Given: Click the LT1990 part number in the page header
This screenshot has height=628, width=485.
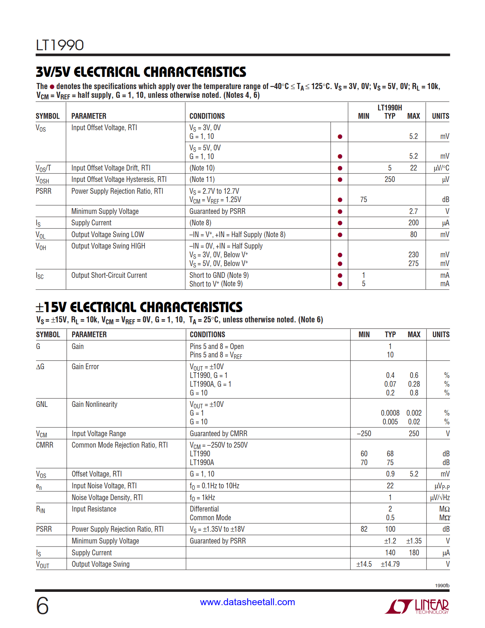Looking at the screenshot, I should tap(60, 45).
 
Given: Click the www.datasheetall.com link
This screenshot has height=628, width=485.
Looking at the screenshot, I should tap(247, 602).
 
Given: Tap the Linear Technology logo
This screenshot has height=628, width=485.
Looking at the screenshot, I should tap(417, 606).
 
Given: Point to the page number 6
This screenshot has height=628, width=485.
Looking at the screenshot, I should tap(42, 606).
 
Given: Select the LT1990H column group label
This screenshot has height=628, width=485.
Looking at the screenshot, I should tap(390, 108).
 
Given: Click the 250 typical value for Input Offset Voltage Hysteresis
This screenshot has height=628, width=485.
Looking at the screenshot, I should tap(390, 179).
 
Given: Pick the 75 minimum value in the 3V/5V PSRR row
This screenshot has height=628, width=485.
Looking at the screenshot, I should tap(364, 199).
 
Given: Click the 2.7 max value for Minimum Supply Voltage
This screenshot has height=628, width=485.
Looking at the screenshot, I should tap(413, 211).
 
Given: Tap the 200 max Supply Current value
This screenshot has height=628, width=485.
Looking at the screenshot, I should tap(413, 223).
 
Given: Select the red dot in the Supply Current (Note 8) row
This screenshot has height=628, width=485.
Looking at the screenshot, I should tap(340, 223).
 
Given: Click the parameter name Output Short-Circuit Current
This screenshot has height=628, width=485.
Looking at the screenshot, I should tap(109, 275).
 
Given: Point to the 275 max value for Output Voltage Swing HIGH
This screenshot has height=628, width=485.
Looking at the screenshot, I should tap(413, 263).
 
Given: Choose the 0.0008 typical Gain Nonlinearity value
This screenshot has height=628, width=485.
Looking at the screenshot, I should tap(390, 413).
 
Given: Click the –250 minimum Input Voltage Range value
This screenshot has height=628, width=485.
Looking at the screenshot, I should tap(364, 434).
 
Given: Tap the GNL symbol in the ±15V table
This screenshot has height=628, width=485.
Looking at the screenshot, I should tap(42, 404).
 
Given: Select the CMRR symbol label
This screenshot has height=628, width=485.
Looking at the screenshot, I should tap(45, 445).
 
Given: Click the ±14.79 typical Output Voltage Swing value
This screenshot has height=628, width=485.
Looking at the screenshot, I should tap(390, 564).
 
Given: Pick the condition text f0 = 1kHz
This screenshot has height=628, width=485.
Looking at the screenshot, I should tap(202, 497).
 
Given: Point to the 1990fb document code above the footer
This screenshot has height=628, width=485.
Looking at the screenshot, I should tap(442, 585).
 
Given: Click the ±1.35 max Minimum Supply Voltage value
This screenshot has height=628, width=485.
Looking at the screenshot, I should tap(414, 541).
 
